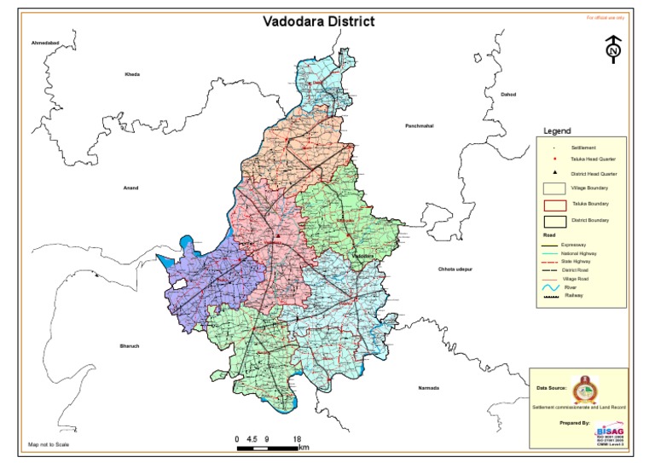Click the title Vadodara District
pyautogui.click(x=318, y=21)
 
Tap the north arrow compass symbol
pyautogui.click(x=612, y=49)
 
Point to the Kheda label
pyautogui.click(x=132, y=74)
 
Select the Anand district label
pyautogui.click(x=130, y=188)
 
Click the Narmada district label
pyautogui.click(x=429, y=388)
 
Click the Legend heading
pyautogui.click(x=557, y=131)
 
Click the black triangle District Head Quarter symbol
pyautogui.click(x=554, y=173)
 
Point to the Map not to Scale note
pyautogui.click(x=49, y=444)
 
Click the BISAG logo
pyautogui.click(x=608, y=431)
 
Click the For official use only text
pyautogui.click(x=606, y=17)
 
